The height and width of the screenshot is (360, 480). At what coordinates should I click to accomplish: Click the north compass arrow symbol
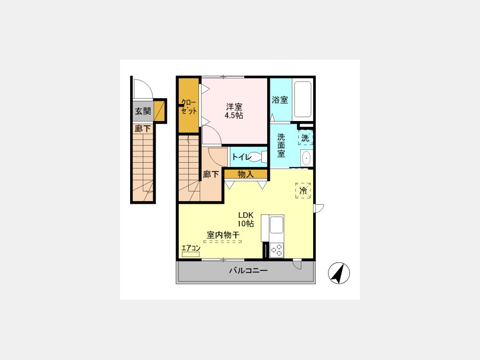(x=339, y=273)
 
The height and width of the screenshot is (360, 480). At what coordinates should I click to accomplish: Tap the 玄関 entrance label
(x=143, y=111)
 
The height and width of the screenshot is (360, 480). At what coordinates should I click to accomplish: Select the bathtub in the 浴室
(x=302, y=99)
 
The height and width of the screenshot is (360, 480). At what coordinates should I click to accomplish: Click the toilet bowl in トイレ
(x=257, y=157)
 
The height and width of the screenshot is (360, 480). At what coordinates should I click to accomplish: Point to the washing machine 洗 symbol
(x=306, y=138)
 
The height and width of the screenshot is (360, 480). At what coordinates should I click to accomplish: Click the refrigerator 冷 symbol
(x=303, y=190)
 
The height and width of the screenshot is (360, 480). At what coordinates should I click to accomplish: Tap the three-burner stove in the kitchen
(x=276, y=250)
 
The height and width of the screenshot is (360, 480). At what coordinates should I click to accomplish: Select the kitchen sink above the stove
(x=276, y=225)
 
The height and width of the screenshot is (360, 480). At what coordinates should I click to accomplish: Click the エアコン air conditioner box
(x=191, y=254)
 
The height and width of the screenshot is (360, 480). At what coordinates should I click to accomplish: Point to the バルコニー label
(x=248, y=270)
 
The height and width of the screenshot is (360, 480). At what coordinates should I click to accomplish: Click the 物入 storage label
(x=246, y=174)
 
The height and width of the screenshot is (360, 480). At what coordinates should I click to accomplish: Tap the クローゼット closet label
(x=189, y=106)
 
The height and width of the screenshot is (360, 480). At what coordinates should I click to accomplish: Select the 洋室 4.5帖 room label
(x=234, y=111)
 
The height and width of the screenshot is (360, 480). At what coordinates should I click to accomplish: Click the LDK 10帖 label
(x=246, y=219)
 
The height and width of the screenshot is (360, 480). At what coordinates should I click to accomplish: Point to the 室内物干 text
(x=223, y=235)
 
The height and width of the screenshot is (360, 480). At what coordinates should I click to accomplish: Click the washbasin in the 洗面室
(x=306, y=158)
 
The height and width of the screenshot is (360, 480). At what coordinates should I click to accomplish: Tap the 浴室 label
(x=280, y=100)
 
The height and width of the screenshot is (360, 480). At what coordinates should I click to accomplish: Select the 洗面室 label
(x=281, y=146)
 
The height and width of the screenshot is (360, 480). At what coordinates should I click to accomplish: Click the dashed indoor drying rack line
(x=222, y=242)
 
